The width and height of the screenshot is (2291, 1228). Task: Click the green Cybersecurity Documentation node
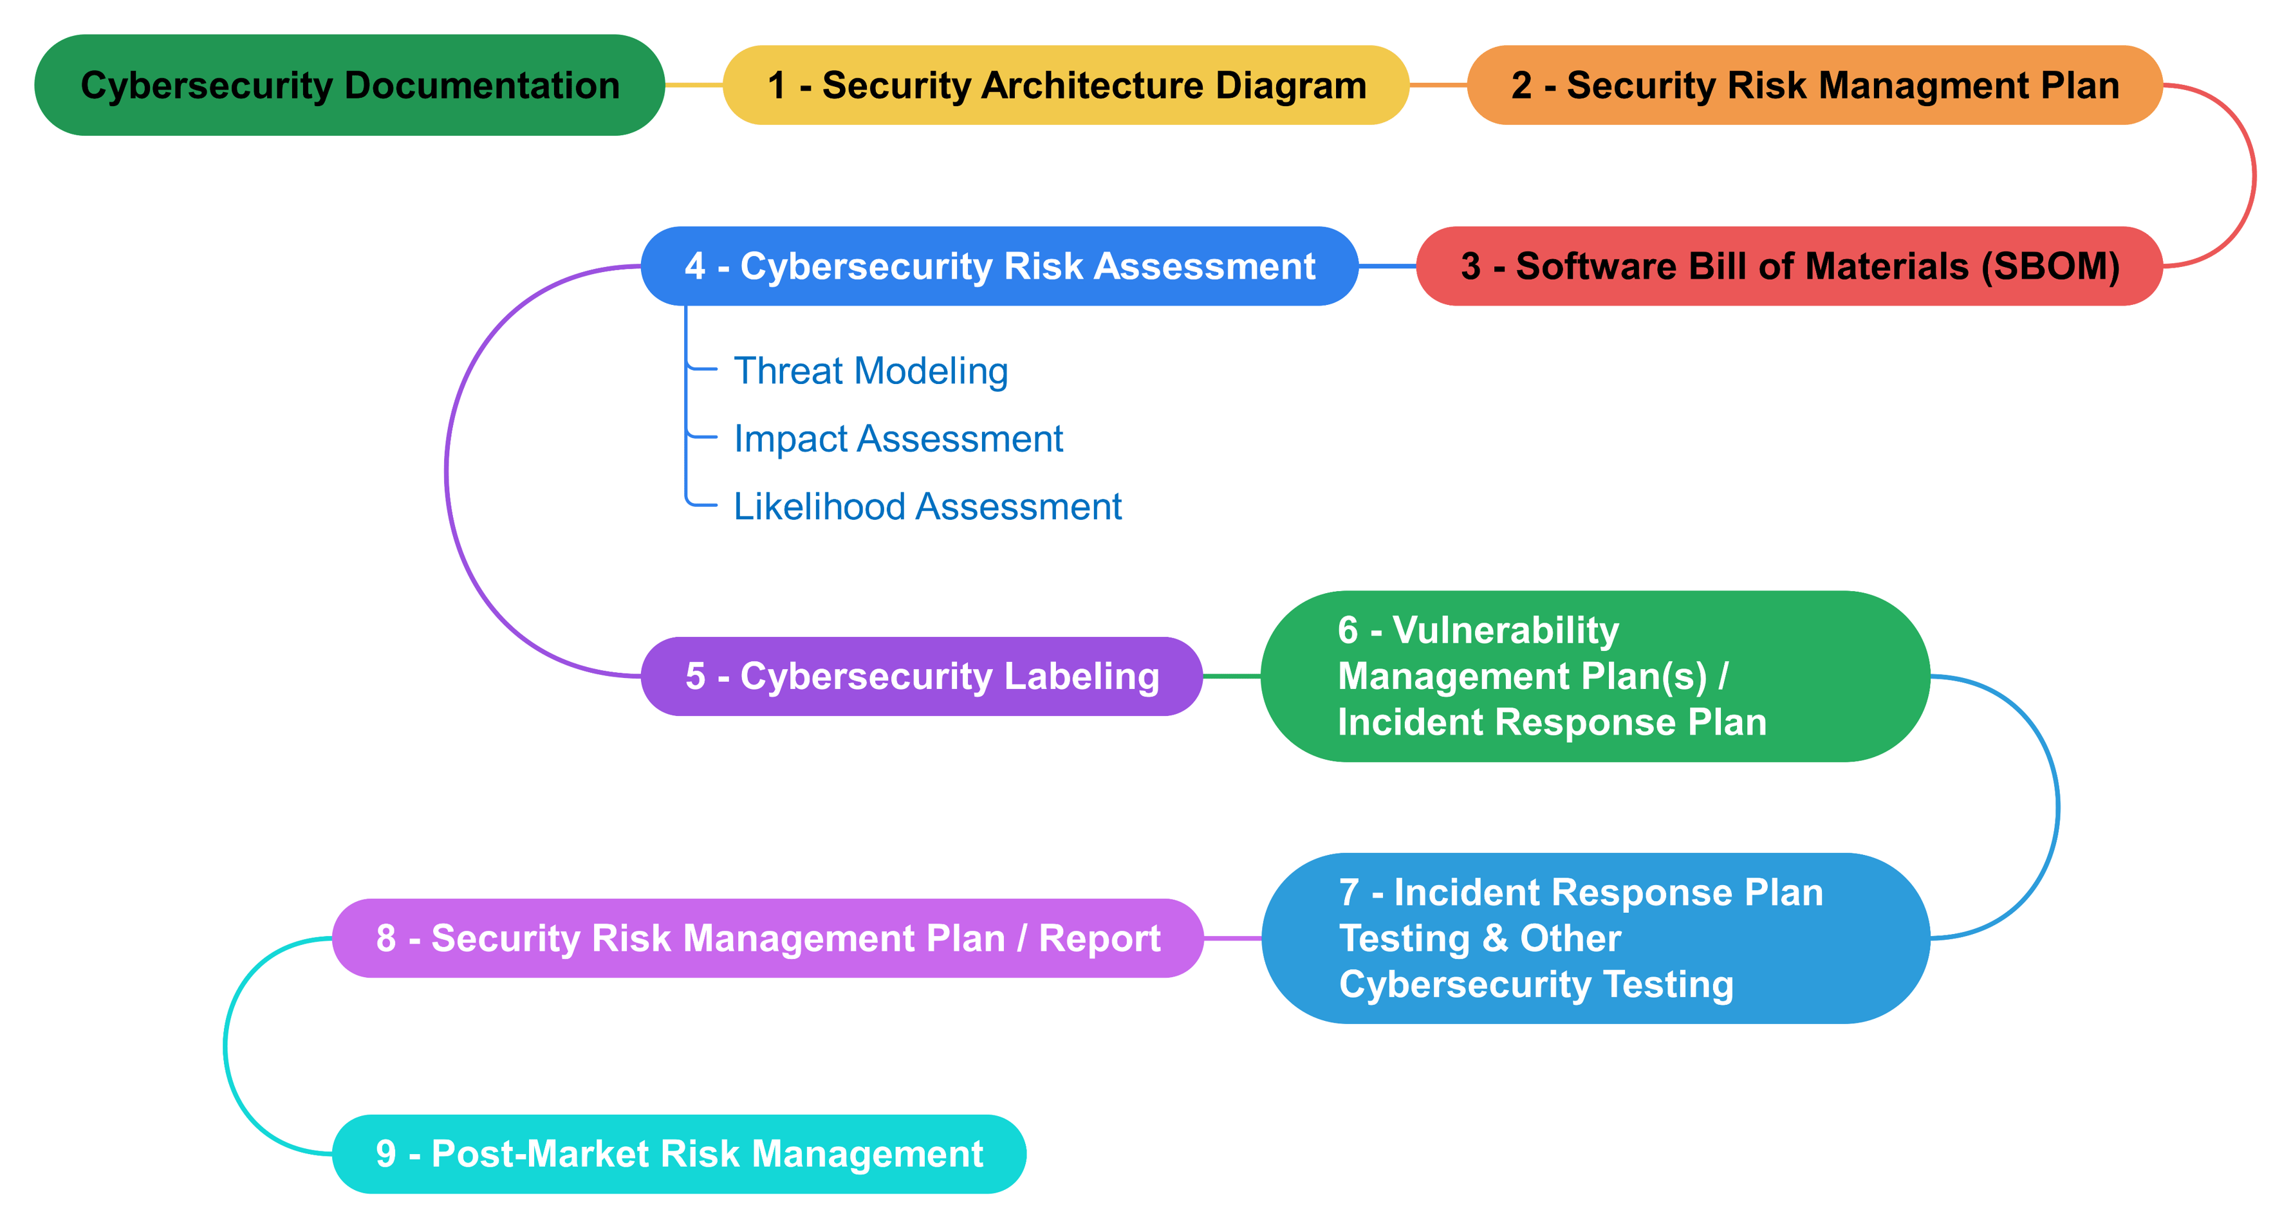point(349,86)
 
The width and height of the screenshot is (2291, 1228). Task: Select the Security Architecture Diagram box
point(1066,86)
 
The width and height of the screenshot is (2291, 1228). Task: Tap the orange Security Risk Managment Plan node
point(1814,86)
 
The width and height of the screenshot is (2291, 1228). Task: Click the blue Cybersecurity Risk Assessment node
point(999,266)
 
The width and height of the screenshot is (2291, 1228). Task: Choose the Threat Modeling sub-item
point(870,371)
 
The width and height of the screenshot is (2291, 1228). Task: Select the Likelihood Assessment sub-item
point(927,507)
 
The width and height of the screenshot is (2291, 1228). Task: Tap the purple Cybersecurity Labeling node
point(922,676)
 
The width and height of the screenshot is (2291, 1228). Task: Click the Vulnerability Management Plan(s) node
point(1594,676)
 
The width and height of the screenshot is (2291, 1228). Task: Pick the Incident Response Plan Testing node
point(1594,938)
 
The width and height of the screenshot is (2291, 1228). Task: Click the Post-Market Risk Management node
point(678,1153)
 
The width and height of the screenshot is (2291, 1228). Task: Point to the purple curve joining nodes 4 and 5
point(447,472)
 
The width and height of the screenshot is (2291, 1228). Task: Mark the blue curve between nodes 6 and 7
point(2057,807)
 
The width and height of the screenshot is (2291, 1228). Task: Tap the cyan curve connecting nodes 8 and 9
point(226,1047)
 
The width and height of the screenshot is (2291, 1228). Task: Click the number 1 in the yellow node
point(776,86)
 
